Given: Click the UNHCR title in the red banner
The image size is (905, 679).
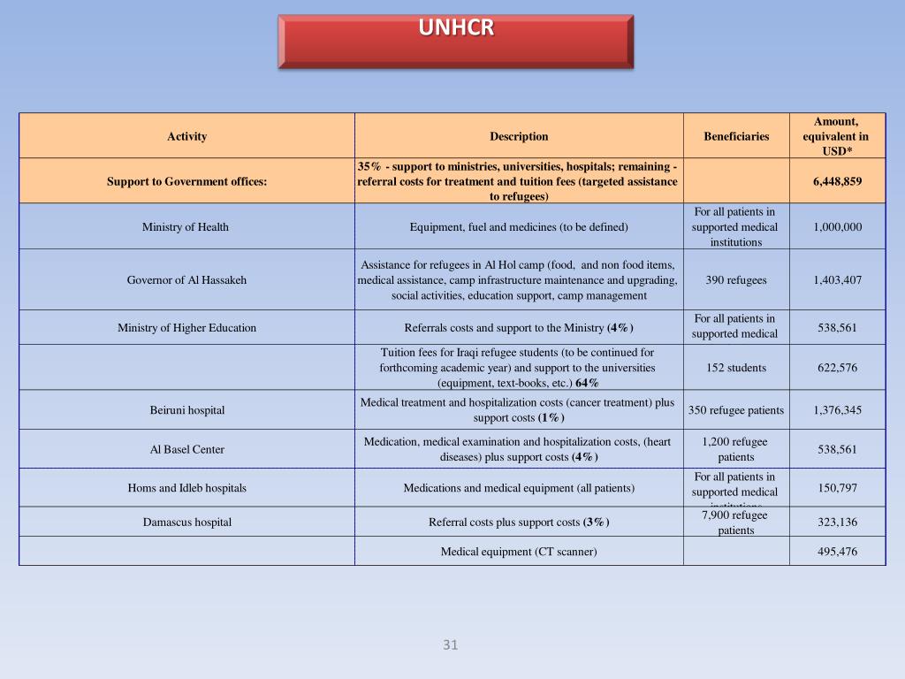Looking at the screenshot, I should click(x=456, y=28).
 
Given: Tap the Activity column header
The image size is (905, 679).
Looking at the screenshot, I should click(x=186, y=136).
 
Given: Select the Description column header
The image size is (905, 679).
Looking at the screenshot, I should click(x=519, y=136).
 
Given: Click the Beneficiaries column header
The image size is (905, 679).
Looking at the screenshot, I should click(x=736, y=136).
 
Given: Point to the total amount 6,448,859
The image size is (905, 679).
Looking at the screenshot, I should click(x=837, y=181).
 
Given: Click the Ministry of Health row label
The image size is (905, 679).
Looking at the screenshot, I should click(x=186, y=227).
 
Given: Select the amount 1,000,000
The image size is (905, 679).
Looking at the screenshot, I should click(x=837, y=227).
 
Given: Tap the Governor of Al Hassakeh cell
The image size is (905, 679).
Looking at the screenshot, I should click(x=186, y=280).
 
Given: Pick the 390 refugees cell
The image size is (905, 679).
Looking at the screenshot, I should click(x=736, y=280).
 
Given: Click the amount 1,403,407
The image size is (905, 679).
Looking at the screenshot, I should click(x=837, y=280).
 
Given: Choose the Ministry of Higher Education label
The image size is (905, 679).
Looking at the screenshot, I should click(x=186, y=328).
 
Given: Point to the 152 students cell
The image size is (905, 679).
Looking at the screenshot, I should click(x=736, y=368).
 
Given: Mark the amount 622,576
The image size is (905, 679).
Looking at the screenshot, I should click(x=837, y=368).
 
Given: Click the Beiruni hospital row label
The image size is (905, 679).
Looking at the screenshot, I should click(x=186, y=410).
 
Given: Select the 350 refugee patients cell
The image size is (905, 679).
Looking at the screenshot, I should click(x=736, y=410).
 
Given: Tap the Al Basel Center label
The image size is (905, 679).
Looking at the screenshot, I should click(x=186, y=449).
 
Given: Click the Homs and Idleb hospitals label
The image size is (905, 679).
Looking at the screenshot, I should click(x=186, y=488).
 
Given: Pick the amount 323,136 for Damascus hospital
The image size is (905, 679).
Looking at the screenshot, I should click(x=837, y=522).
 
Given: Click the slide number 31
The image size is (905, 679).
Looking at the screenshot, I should click(x=451, y=645).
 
